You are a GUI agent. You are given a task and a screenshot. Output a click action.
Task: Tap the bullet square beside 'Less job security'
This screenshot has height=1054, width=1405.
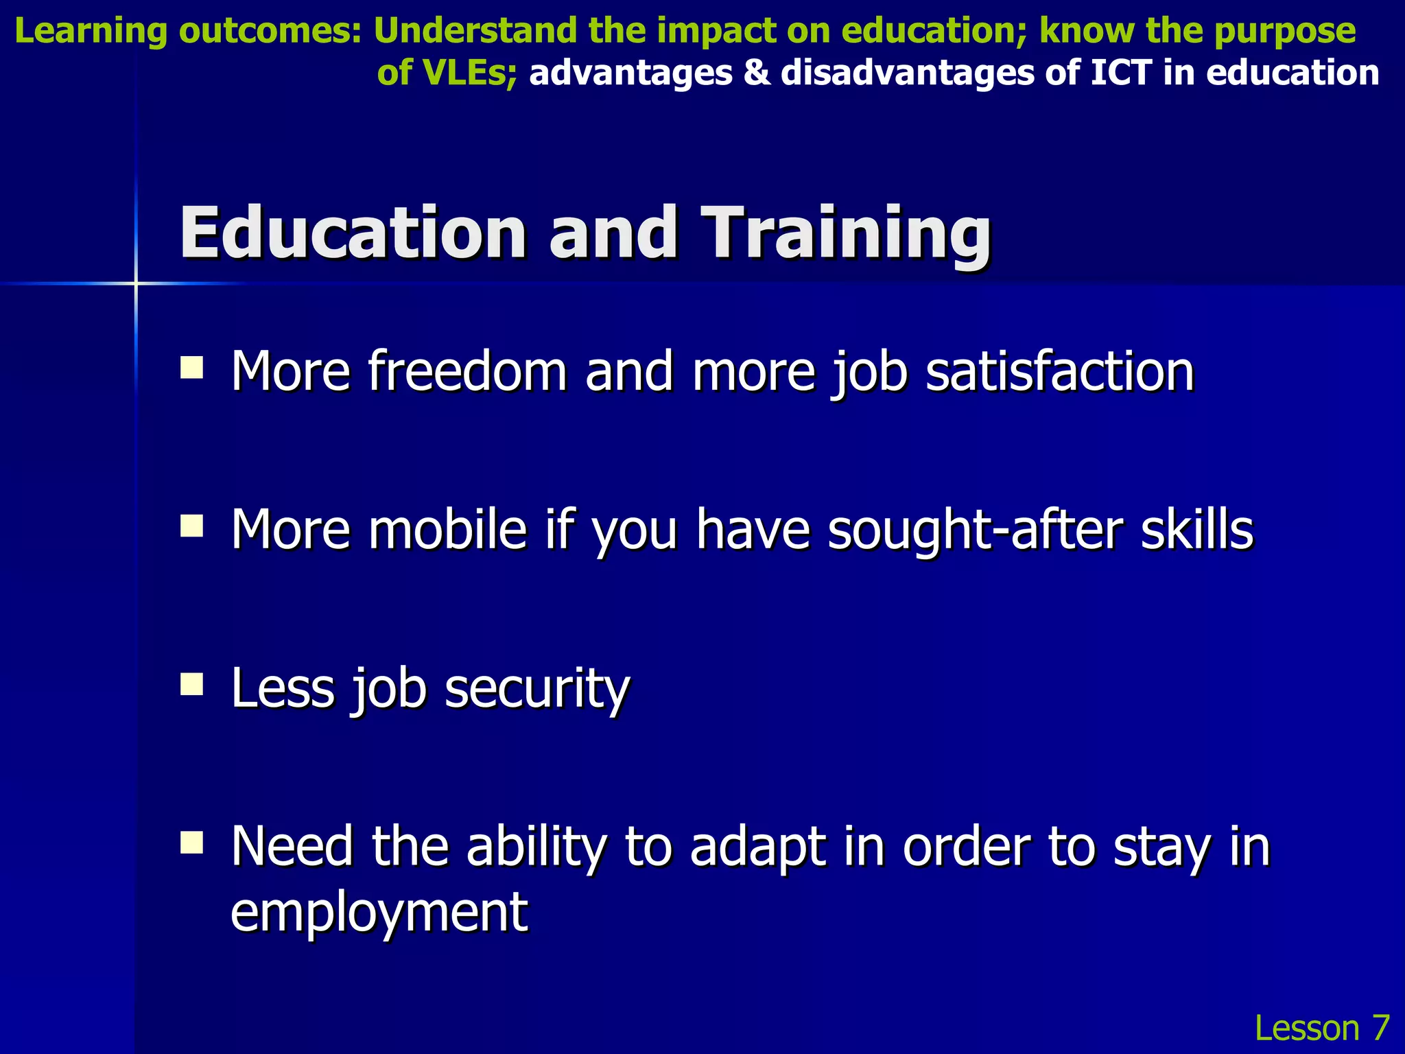click(x=192, y=684)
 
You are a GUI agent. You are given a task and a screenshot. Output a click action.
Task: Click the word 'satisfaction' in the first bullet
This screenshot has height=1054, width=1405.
click(x=1060, y=371)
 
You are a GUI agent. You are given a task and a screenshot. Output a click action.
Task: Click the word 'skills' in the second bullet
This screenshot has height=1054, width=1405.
click(x=1197, y=530)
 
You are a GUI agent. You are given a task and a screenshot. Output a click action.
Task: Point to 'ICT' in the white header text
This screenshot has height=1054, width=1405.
click(x=1121, y=73)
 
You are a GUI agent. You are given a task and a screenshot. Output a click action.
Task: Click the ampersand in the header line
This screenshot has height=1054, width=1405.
click(x=757, y=73)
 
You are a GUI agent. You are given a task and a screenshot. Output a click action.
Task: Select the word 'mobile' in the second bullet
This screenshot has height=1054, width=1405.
click(x=447, y=530)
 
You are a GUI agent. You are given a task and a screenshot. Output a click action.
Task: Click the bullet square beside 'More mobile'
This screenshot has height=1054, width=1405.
click(x=192, y=526)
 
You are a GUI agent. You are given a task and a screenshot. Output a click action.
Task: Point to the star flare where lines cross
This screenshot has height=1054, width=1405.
click(x=136, y=283)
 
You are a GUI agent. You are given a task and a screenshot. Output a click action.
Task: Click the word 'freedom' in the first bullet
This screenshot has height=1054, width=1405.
click(x=467, y=371)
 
